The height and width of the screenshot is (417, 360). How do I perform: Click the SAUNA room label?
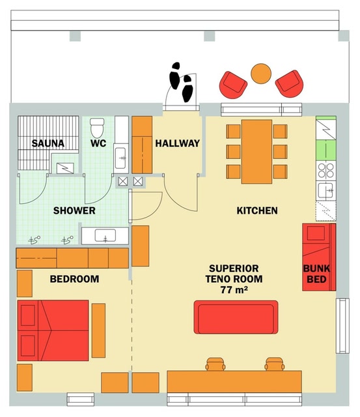[48, 143]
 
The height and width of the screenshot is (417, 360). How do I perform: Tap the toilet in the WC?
[97, 128]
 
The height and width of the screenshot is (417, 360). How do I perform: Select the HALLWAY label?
[178, 143]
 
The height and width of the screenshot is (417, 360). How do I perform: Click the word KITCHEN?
[257, 210]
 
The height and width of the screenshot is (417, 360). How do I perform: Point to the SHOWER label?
[74, 210]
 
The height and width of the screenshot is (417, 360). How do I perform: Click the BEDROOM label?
[74, 279]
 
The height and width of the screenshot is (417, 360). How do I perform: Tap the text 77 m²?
[234, 289]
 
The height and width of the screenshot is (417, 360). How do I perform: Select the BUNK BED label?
[316, 274]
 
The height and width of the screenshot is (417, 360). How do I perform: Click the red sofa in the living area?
[236, 317]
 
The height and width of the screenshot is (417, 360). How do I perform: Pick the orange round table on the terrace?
[261, 74]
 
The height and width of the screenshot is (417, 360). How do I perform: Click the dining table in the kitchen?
[256, 152]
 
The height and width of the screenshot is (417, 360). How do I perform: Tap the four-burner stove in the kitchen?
[326, 171]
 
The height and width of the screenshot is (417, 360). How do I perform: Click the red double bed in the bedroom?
[53, 330]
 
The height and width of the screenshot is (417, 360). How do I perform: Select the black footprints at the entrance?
[181, 81]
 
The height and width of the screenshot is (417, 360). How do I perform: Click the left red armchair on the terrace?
[233, 85]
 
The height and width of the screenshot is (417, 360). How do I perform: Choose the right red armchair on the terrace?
[289, 84]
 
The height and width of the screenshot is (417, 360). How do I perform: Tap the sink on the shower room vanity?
[105, 236]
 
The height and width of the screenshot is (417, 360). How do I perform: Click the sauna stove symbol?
[65, 168]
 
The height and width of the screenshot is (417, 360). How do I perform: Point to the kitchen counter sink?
[325, 191]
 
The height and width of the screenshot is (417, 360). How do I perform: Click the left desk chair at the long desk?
[215, 364]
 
